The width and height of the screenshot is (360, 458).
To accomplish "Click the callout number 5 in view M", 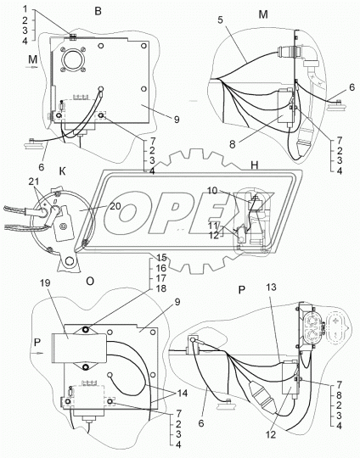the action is coord(221,20).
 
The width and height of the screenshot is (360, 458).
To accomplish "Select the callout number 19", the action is coord(46,282).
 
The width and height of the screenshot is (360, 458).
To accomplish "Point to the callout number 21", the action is coord(34,182).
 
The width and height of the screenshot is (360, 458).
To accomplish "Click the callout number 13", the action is coord(271,288).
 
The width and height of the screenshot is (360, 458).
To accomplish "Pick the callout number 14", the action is coord(183,393).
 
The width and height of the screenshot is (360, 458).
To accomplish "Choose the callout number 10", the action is coord(212,191).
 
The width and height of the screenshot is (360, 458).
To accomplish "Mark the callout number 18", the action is coord(161,288).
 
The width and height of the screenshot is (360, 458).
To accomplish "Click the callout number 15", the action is coord(161,258).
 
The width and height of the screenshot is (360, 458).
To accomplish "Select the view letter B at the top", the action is coord(98,11).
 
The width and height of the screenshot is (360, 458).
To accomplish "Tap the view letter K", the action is coord(62,171).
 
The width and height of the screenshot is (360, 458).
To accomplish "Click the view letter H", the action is coord(255,165).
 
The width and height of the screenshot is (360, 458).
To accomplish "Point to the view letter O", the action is coord(90,281).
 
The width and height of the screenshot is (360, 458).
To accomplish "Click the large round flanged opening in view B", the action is coord(73,60).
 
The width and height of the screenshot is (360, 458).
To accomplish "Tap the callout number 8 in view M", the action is coord(232,144).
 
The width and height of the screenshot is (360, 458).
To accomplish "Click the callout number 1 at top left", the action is coord(25,9).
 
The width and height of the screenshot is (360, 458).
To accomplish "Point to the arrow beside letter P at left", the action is coord(37,353).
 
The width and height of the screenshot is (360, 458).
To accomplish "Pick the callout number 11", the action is coord(212,226).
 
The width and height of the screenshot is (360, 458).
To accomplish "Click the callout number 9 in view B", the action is coord(177,120).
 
